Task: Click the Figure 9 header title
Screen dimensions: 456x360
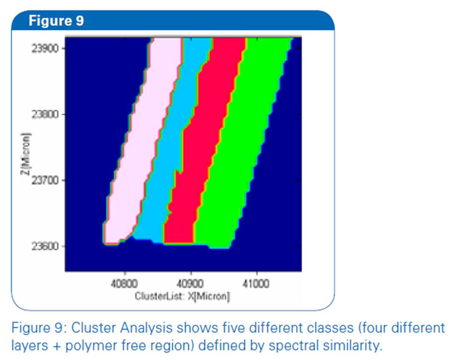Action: [x=56, y=21]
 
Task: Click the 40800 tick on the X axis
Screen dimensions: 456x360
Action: [x=125, y=283]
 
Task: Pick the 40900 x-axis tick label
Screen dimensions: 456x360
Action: [x=191, y=283]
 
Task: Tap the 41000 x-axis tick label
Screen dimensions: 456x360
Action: [x=256, y=283]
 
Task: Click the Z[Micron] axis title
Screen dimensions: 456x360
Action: [x=26, y=154]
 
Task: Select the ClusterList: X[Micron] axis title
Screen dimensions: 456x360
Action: [x=182, y=296]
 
